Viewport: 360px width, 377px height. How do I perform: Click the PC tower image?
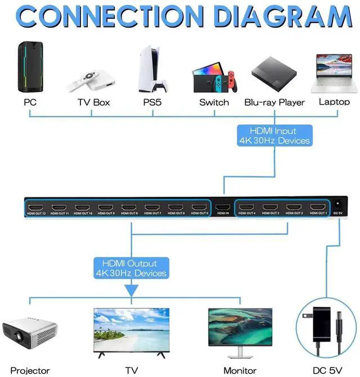coord(30,67)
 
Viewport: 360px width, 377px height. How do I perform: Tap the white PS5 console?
coord(152,70)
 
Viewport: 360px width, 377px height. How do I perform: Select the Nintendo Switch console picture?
coord(213,78)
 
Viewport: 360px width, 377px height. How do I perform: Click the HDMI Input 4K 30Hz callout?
coord(274,135)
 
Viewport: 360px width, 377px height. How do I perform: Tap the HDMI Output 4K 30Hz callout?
coord(130,268)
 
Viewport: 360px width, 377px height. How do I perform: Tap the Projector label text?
coord(30,371)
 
